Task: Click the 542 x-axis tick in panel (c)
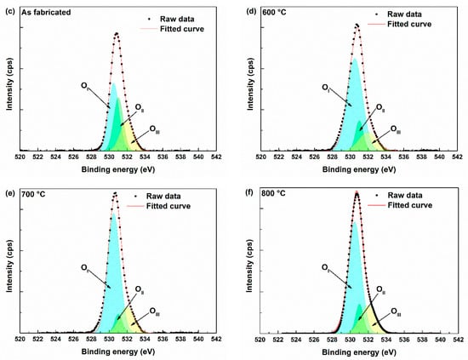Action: [x=216, y=158]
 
